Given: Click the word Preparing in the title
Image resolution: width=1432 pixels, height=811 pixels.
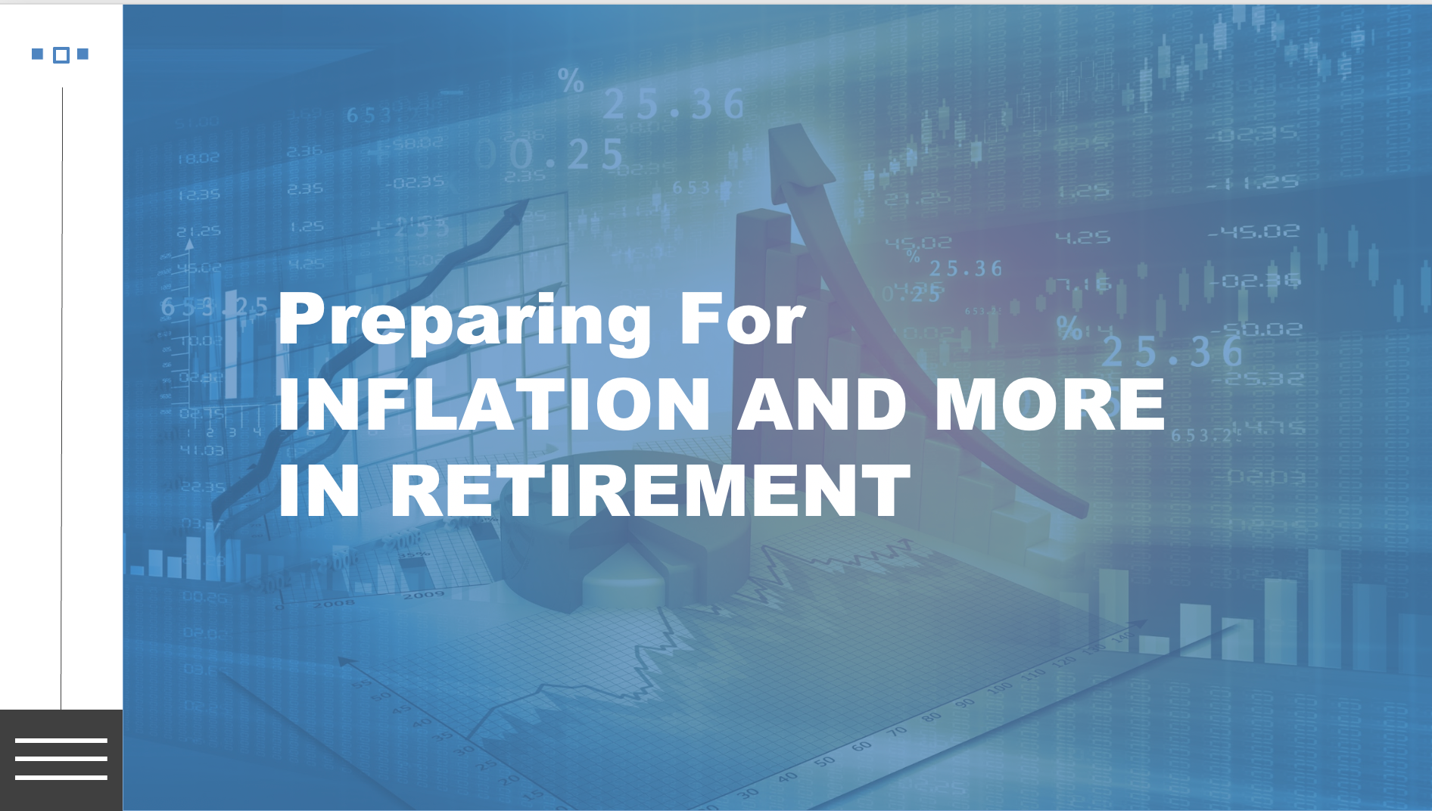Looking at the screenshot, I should click(x=464, y=320).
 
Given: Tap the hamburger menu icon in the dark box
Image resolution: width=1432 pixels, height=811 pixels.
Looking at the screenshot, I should click(x=61, y=759).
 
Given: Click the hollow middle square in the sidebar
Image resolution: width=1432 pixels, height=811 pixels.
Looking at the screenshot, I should click(x=61, y=54).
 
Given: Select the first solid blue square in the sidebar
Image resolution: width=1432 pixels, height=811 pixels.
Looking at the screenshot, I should click(x=37, y=54).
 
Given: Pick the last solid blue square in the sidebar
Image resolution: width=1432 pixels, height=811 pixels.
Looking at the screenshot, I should click(x=83, y=54).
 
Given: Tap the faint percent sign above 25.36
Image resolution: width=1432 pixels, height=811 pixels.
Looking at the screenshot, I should click(x=571, y=79).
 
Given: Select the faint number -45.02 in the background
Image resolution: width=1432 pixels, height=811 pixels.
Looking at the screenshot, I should click(x=1253, y=231).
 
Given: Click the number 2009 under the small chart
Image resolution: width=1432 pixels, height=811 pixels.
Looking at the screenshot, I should click(x=423, y=595).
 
